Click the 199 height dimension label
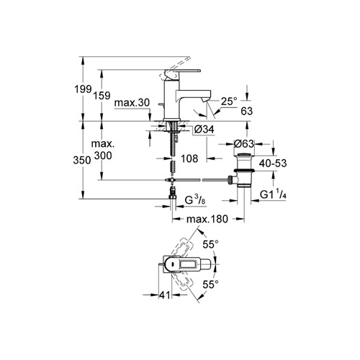point(83,89)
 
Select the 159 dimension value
point(102,96)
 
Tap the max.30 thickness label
point(132,103)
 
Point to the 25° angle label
point(229,102)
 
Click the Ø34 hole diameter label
point(204,130)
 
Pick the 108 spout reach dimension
point(189,158)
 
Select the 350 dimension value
point(82,160)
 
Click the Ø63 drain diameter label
point(243,144)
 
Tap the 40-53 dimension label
point(273,163)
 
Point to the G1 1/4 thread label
point(273,194)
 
